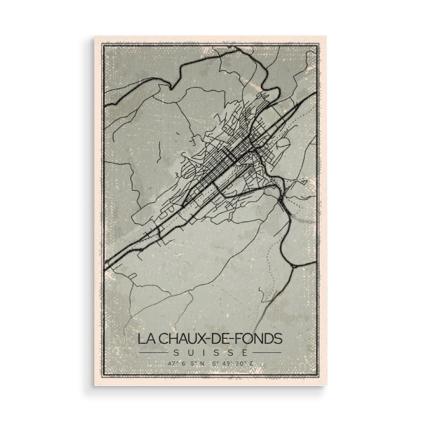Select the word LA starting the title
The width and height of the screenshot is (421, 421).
(x=145, y=338)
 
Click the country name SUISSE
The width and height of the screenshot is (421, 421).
(x=210, y=352)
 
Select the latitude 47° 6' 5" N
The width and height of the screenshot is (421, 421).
(x=185, y=363)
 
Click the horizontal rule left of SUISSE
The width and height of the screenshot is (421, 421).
(x=154, y=352)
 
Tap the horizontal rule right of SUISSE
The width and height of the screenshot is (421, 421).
(x=267, y=352)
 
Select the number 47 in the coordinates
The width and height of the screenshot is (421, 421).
(x=171, y=363)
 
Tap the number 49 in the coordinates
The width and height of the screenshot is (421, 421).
(x=230, y=363)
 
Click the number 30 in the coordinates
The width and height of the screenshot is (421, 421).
(x=241, y=363)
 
